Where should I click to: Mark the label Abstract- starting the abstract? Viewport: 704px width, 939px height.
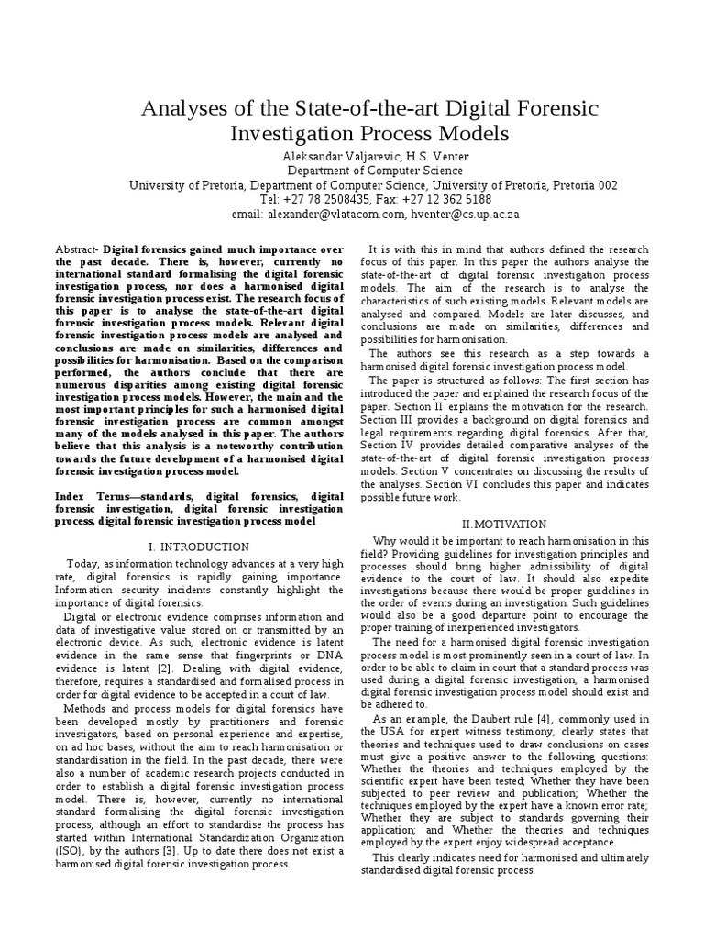coord(78,249)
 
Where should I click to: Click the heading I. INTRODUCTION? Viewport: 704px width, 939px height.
coord(199,547)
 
